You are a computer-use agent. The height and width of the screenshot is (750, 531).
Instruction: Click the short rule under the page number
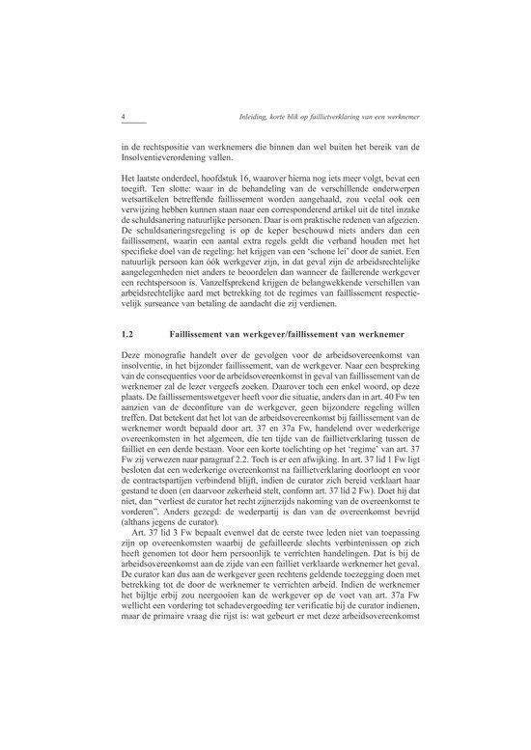click(x=131, y=126)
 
